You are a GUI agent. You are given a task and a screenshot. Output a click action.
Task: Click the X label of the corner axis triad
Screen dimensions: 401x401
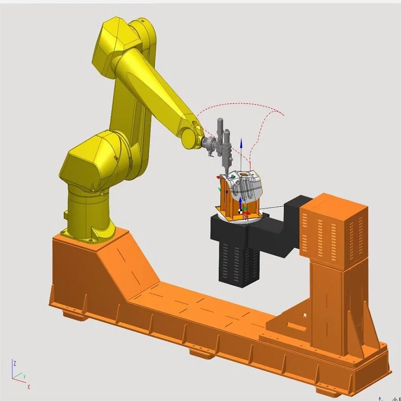coord(29,387)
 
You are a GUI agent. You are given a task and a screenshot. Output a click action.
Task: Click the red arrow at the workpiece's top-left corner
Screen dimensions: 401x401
coord(219,177)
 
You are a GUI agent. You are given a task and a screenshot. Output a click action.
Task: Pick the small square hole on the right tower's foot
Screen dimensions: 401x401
coord(304,315)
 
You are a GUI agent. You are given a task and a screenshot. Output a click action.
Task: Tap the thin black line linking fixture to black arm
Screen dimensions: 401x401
coord(272,208)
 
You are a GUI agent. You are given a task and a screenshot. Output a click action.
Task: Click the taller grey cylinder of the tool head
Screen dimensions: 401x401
coord(220,131)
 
